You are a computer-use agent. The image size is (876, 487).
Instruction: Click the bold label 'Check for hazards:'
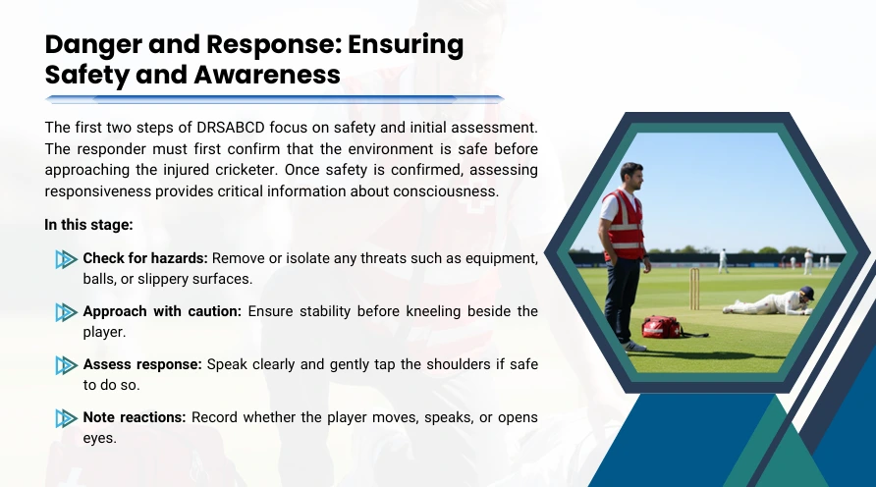[145, 258]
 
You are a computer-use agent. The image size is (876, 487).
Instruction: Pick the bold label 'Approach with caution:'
[162, 311]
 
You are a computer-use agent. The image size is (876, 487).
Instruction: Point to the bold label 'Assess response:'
[142, 364]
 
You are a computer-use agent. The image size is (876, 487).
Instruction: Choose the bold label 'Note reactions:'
[135, 417]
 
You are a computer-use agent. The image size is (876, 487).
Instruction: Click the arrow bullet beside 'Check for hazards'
[67, 259]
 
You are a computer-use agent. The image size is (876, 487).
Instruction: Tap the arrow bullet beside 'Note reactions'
[67, 418]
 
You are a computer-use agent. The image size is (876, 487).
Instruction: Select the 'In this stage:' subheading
[88, 225]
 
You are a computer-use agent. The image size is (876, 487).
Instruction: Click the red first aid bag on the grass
[662, 327]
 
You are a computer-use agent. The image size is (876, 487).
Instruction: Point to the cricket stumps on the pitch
[694, 289]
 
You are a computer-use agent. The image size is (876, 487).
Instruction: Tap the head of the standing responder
[632, 176]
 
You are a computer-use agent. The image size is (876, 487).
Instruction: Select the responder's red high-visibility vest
[625, 225]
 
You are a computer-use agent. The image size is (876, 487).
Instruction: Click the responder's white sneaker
[634, 346]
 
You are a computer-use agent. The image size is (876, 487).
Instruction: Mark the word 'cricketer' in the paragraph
[250, 170]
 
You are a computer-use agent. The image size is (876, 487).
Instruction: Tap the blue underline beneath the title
[274, 99]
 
